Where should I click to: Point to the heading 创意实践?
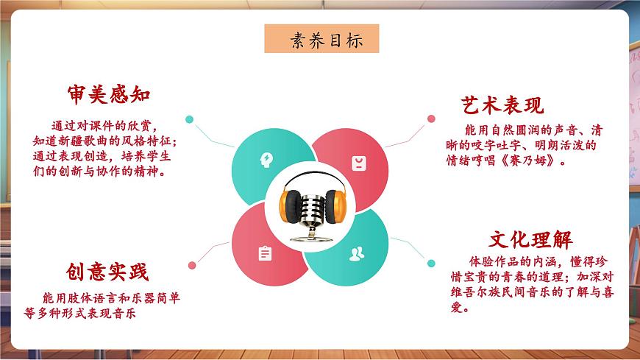pos(107,272)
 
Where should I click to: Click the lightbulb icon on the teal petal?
pos(265,159)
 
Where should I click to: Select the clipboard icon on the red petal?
pos(265,253)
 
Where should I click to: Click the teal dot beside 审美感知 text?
pos(190,118)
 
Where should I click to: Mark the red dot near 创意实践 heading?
pos(191,265)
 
